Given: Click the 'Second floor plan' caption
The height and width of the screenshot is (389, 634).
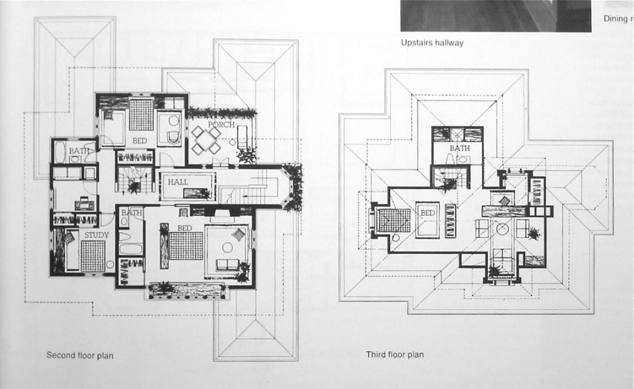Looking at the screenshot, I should [x=80, y=356].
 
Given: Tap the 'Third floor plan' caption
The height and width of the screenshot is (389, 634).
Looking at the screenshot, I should [x=394, y=355].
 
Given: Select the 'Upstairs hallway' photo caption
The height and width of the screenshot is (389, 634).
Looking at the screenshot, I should [x=432, y=43].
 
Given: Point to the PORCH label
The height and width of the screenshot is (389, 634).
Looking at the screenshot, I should [x=221, y=125].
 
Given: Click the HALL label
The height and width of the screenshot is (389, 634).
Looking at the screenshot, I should [x=178, y=182].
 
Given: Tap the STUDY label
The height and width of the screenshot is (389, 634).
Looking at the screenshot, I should [x=97, y=235].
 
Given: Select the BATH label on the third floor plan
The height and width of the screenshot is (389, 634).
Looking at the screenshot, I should [x=459, y=149].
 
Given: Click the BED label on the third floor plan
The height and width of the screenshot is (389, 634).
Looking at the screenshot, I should [x=428, y=212].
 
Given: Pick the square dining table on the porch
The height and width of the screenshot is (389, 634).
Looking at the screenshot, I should [x=206, y=141].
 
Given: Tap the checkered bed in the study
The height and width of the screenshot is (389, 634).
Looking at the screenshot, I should [x=93, y=256].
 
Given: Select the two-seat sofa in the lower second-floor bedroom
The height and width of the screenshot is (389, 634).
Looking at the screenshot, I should [x=227, y=264].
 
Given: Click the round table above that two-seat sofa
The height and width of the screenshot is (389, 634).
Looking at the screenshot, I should [x=227, y=247].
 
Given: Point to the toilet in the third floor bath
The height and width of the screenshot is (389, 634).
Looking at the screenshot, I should [x=450, y=159].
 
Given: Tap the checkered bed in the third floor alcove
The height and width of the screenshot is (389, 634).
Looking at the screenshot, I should [x=394, y=220].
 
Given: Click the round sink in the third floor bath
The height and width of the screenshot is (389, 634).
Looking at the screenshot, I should [x=462, y=160].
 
